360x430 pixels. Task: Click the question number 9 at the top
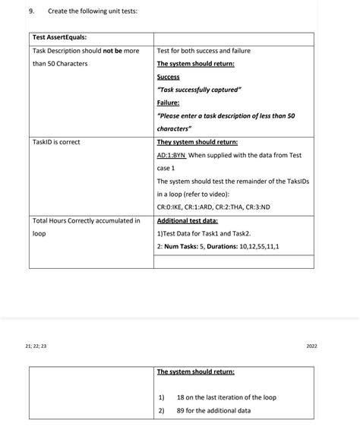[x=30, y=11]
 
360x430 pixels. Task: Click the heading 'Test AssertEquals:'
[x=59, y=37]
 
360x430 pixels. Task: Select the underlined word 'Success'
[x=168, y=77]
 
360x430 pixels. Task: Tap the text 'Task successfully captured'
[x=199, y=90]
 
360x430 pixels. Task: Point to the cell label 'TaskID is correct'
[x=56, y=142]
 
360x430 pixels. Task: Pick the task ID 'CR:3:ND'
[x=257, y=207]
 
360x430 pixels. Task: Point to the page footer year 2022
[x=311, y=346]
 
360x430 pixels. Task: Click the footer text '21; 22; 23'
[x=35, y=346]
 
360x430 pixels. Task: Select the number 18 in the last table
[x=181, y=397]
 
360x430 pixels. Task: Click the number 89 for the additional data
[x=181, y=410]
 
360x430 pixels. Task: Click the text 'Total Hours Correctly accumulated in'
[x=86, y=220]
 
